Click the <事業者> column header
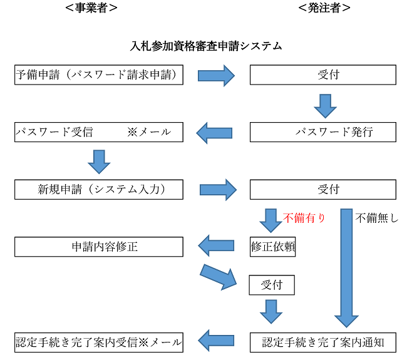pyautogui.click(x=91, y=8)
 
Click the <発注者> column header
pyautogui.click(x=324, y=8)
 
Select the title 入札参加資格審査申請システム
pyautogui.click(x=206, y=46)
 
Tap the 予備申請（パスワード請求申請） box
pyautogui.click(x=99, y=75)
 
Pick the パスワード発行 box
pyautogui.click(x=322, y=132)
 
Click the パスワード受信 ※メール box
pyautogui.click(x=99, y=132)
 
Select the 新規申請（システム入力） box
pyautogui.click(x=99, y=189)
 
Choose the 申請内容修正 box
pyautogui.click(x=99, y=247)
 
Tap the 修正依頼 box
pyautogui.click(x=272, y=247)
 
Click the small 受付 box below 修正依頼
pyautogui.click(x=272, y=285)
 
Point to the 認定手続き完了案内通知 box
pyautogui.click(x=322, y=342)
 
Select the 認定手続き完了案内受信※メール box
pyautogui.click(x=99, y=342)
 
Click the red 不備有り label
pyautogui.click(x=305, y=219)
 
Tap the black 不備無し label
pyautogui.click(x=377, y=219)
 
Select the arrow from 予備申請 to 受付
pyautogui.click(x=216, y=76)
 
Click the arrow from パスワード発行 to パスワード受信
pyautogui.click(x=215, y=133)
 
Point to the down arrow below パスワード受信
pyautogui.click(x=99, y=161)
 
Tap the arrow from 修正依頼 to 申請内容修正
pyautogui.click(x=216, y=247)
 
